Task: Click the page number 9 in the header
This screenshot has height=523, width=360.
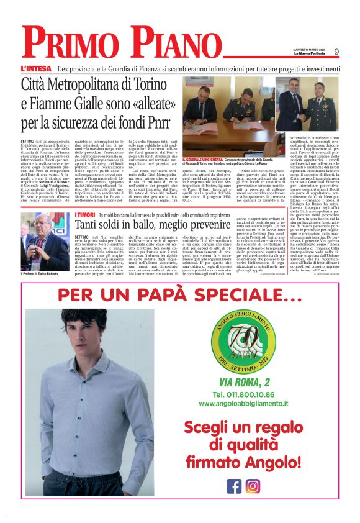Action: (x=336, y=52)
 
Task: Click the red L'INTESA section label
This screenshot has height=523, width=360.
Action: (x=35, y=68)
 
